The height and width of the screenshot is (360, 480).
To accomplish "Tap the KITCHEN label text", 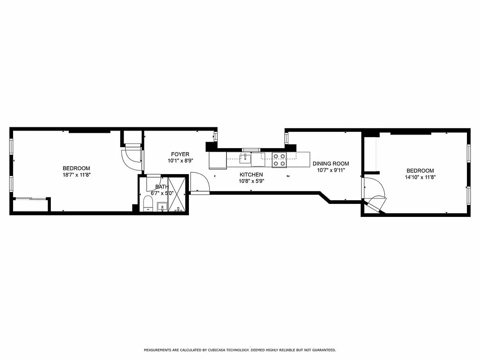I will pyautogui.click(x=251, y=175).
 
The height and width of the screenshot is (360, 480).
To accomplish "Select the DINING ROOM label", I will pyautogui.click(x=331, y=164).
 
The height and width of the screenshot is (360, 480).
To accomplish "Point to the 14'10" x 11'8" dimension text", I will pyautogui.click(x=420, y=177).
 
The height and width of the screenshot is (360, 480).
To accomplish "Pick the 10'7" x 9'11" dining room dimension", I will pyautogui.click(x=331, y=170).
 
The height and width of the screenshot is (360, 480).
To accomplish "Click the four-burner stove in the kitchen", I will pyautogui.click(x=279, y=160).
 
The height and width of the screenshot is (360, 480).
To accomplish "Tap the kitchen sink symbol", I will pyautogui.click(x=245, y=157).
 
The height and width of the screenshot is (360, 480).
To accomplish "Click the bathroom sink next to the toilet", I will pyautogui.click(x=162, y=207).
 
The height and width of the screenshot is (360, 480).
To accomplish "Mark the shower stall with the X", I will pyautogui.click(x=176, y=194).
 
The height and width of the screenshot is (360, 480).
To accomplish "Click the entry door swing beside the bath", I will pyautogui.click(x=199, y=182).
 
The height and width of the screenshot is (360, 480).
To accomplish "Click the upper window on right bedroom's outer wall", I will pyautogui.click(x=468, y=153).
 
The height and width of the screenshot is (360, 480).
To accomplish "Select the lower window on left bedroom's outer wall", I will pyautogui.click(x=12, y=184).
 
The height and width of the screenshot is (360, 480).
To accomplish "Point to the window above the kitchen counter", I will pyautogui.click(x=251, y=150).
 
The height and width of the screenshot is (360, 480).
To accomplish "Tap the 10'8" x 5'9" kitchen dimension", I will pyautogui.click(x=251, y=181).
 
